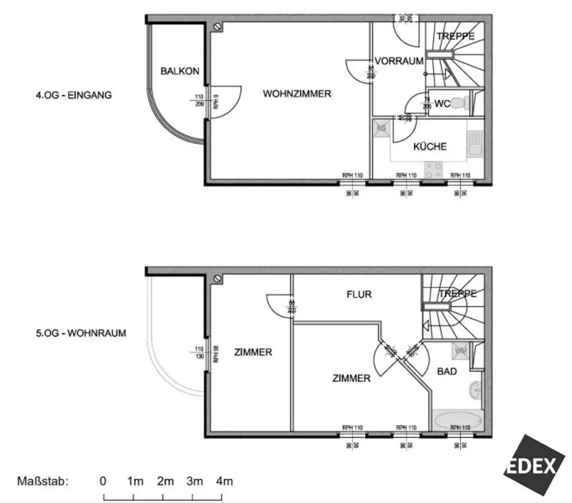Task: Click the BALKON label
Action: tap(179, 71)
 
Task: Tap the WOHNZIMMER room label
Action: tap(297, 94)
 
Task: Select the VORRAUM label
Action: tap(399, 61)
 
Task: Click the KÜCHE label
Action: tap(430, 147)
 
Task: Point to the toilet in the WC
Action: tap(459, 103)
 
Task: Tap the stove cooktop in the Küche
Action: tap(433, 169)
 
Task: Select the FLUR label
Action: tap(359, 294)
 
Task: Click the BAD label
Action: tap(447, 371)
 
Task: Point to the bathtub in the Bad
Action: tap(457, 420)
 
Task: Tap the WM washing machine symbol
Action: tap(461, 350)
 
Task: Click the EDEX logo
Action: tap(532, 465)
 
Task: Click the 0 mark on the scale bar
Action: tap(103, 481)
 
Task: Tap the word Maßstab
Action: tap(42, 481)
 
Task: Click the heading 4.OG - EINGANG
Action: tap(74, 95)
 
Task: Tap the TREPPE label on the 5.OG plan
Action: tap(457, 293)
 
